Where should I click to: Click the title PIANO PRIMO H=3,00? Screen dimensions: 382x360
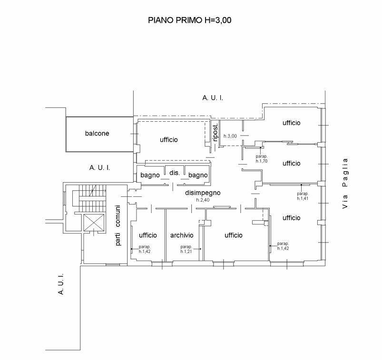189,20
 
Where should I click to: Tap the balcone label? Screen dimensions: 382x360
97,133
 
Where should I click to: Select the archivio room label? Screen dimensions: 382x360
182,235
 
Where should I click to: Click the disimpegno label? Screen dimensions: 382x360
203,193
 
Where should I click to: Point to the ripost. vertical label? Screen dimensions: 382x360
215,132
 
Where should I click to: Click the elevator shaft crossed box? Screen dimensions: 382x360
94,223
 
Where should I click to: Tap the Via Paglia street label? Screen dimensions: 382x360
345,183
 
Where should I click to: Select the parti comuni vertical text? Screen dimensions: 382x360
118,225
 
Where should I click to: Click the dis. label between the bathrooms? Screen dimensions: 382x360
175,173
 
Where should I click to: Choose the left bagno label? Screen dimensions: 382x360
150,175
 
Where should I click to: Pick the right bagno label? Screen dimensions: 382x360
198,175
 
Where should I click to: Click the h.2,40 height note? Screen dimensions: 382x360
203,200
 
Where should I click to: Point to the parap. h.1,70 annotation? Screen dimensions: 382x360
262,158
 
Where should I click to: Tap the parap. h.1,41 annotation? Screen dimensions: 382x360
303,196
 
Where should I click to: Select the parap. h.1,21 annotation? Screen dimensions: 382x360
186,249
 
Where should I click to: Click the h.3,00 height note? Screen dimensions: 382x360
230,136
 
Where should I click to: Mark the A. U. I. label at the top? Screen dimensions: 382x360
213,98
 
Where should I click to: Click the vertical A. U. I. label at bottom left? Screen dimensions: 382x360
61,284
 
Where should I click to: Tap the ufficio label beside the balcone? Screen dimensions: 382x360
168,139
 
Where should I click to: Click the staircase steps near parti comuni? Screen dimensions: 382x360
93,198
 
